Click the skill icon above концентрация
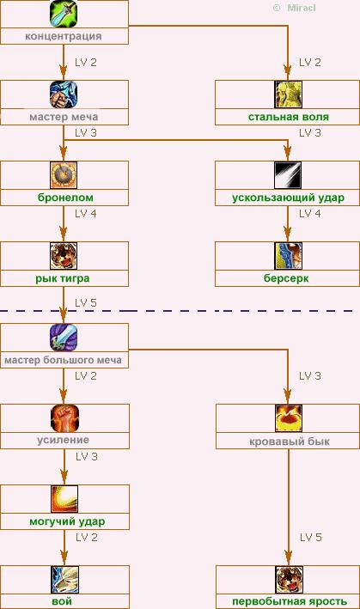64,14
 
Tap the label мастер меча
64,117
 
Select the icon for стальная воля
288,94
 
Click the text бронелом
65,198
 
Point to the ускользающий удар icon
288,175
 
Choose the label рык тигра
63,278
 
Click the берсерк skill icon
288,256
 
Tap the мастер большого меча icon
64,337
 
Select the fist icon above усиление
64,418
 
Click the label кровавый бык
290,442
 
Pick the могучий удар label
67,521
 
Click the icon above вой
64,580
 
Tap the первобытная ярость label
290,601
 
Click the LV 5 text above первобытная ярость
311,538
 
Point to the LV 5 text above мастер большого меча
86,303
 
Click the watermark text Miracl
302,8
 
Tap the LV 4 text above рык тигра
86,214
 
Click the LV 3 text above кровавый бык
310,376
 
